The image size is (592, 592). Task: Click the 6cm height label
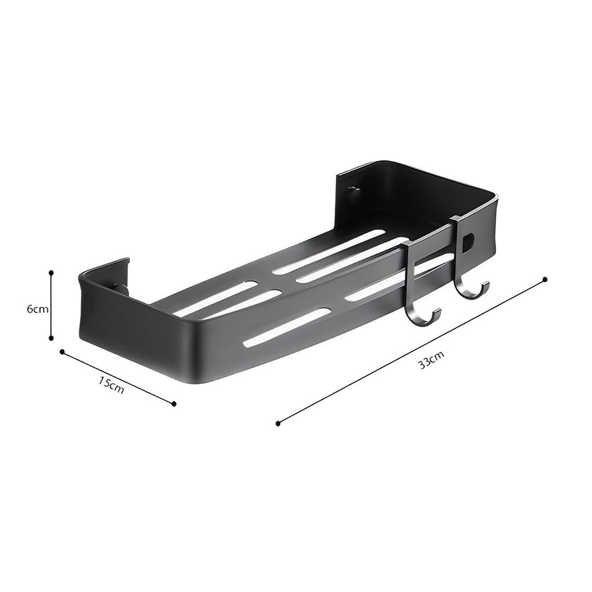point(37,309)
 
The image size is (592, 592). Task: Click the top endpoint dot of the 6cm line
point(51,271)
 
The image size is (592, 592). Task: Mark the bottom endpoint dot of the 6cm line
point(51,338)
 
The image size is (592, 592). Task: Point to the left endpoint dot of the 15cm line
point(61,351)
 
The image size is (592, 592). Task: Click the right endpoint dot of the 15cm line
point(174,404)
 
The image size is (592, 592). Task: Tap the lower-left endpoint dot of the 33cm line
point(278,423)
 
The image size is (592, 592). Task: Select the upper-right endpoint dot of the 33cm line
point(545,279)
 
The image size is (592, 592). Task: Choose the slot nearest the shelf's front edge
point(287,327)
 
